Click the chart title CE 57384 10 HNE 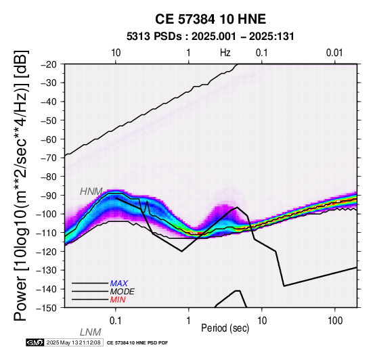click(x=211, y=19)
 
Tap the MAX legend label click(x=119, y=284)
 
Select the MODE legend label click(x=123, y=292)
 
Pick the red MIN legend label click(x=118, y=300)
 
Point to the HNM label click(x=91, y=192)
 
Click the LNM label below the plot click(x=91, y=332)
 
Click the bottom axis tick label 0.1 click(x=116, y=321)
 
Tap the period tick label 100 click(x=335, y=321)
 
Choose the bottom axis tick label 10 click(x=262, y=321)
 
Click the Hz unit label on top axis click(x=225, y=53)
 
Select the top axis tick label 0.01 click(x=334, y=53)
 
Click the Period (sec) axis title click(x=225, y=328)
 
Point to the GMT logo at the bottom click(x=35, y=343)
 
